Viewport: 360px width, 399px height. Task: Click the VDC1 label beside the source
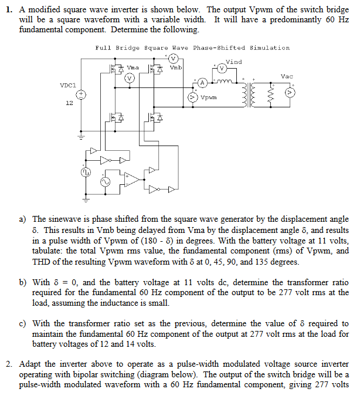[67, 85]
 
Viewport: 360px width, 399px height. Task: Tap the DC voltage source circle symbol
[82, 94]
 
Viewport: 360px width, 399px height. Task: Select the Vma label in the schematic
[133, 68]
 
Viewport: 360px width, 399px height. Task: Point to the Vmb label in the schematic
[176, 68]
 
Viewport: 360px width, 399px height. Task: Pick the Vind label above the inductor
[233, 62]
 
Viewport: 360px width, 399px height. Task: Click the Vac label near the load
[287, 77]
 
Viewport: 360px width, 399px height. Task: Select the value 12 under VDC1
[69, 103]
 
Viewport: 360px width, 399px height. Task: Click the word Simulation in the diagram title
[270, 48]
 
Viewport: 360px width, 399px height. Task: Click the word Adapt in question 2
[30, 364]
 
